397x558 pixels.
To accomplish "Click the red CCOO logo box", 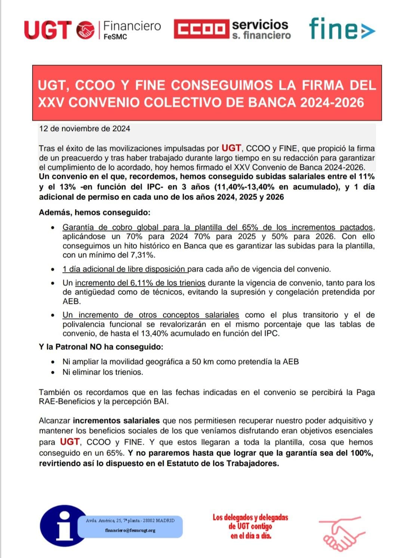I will point(201,29).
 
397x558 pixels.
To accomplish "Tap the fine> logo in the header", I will point(341,28).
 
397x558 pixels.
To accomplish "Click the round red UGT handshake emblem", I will point(85,30).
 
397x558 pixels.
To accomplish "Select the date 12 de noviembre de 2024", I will point(84,129).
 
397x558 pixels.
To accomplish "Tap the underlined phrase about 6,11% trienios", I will point(140,283).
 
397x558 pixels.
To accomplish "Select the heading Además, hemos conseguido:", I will point(95,213).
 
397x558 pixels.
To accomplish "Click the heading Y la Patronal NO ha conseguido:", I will point(101,347).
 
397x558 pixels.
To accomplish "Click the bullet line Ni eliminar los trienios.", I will point(103,372).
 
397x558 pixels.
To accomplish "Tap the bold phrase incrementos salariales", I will point(116,421).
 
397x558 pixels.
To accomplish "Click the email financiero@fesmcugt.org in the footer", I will point(130,530).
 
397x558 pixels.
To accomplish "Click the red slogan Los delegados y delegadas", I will point(250,518).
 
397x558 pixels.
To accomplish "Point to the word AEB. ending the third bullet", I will point(71,301).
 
